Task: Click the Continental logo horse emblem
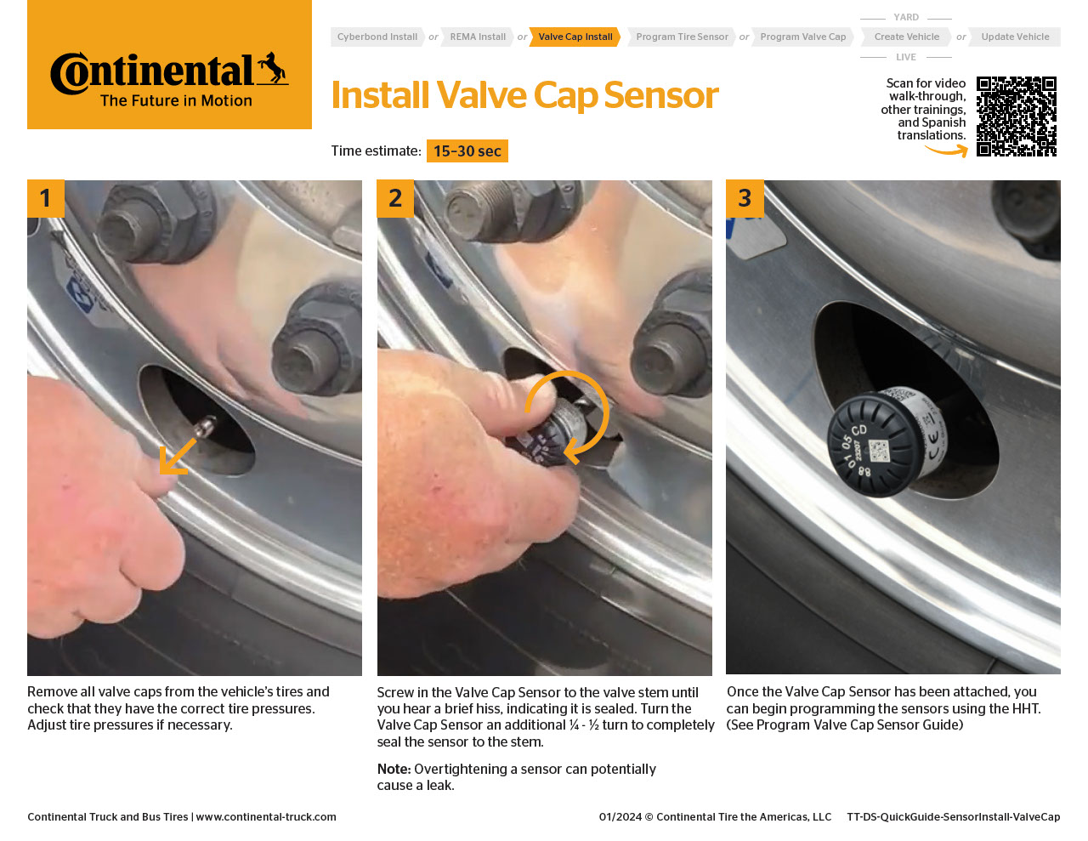click(x=272, y=68)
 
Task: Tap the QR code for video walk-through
click(x=1016, y=116)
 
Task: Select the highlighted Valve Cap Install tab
click(x=575, y=37)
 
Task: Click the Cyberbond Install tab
click(x=377, y=37)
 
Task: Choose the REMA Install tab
click(x=478, y=37)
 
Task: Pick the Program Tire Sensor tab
click(x=682, y=37)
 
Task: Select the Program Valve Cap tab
click(x=802, y=37)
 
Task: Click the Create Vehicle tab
click(x=906, y=37)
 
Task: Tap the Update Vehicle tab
click(x=1015, y=37)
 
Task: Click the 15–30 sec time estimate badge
click(x=467, y=151)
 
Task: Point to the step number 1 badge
click(x=46, y=199)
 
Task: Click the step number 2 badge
click(x=395, y=199)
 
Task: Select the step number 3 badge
click(x=745, y=199)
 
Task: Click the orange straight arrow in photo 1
click(x=177, y=457)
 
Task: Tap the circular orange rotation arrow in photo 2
click(x=568, y=415)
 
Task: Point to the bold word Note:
click(x=394, y=770)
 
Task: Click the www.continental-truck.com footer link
click(x=266, y=817)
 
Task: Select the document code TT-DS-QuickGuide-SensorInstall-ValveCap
click(x=953, y=817)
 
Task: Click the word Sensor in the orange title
click(x=660, y=96)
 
